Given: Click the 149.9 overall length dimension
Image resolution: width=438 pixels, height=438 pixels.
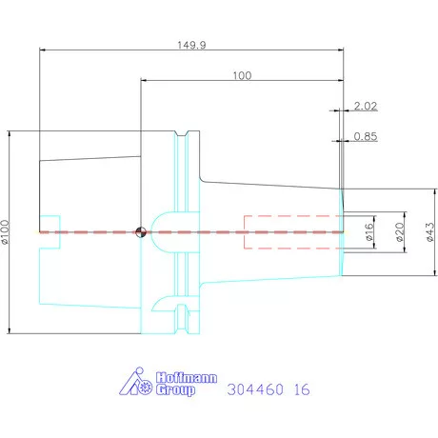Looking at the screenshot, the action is pos(191,45).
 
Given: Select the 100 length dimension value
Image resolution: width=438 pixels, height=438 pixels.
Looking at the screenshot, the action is pos(242,76).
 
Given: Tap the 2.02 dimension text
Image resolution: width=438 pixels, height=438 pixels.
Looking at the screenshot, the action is pos(366,106).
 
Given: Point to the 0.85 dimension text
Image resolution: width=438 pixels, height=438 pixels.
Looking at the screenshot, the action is pos(366,136).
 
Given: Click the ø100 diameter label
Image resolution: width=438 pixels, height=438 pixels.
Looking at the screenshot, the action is pos(6,232).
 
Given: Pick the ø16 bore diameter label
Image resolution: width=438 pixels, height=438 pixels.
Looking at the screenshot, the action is pos(369,232).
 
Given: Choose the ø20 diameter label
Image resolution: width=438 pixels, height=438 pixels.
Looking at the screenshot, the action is pos(400,232).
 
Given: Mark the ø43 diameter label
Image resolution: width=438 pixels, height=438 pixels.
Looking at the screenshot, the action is pos(429,232).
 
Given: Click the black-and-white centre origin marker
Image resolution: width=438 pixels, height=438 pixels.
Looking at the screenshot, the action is pos(141,232).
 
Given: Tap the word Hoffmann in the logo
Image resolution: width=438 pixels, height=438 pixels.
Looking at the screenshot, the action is pos(187,378).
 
